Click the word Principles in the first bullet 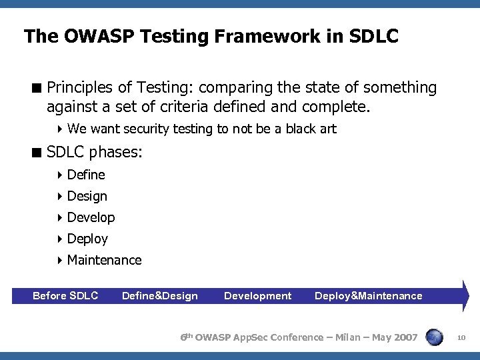coord(79,88)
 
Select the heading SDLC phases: coord(94,152)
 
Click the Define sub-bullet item coord(86,175)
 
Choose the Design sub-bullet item coord(87,196)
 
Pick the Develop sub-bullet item coord(91,217)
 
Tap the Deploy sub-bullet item coord(87,239)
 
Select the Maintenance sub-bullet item coord(104,260)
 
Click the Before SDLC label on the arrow coord(65,295)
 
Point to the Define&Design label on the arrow coord(160,295)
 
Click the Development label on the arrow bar coord(257,295)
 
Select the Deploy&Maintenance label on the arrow coord(368,295)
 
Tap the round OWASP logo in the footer coord(435,337)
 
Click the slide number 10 coord(461,338)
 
